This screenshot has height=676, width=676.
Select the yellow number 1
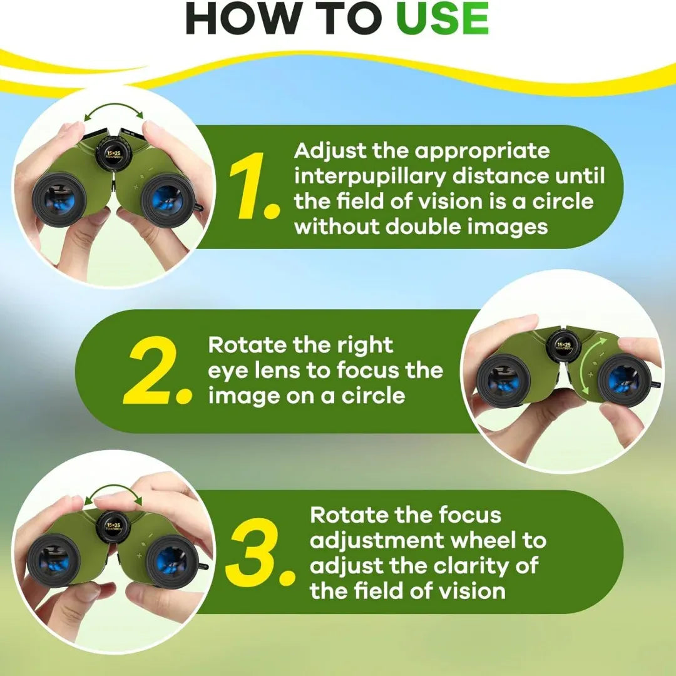point(253,186)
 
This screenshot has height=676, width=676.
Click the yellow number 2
point(157,371)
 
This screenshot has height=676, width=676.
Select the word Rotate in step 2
point(247,345)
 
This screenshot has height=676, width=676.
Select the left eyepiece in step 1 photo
point(59,200)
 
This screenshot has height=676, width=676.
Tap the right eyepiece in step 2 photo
point(624,381)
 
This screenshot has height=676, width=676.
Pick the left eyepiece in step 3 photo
point(53,561)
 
